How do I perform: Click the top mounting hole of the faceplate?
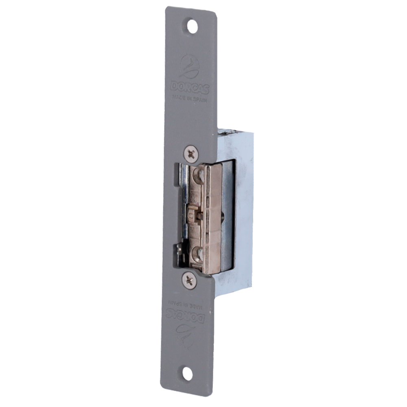(x=192, y=26)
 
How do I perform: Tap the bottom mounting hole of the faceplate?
(x=188, y=373)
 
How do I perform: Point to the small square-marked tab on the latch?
(x=191, y=214)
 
